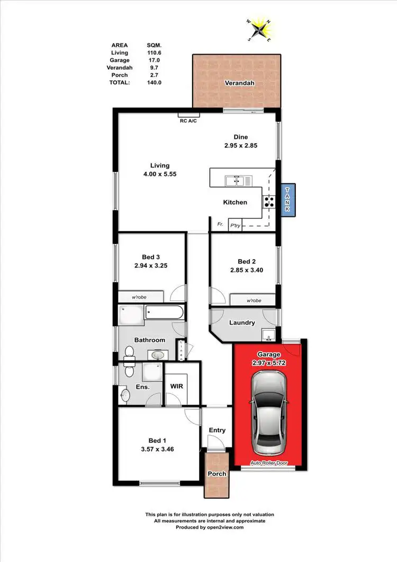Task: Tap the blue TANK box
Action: (287, 200)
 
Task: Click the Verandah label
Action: (236, 84)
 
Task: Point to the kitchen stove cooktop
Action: (268, 201)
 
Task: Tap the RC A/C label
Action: (188, 120)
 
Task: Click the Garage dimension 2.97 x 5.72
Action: (268, 363)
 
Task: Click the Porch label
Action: (217, 473)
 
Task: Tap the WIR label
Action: (176, 387)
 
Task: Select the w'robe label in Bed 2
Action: (254, 301)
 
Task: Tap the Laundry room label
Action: (242, 322)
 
